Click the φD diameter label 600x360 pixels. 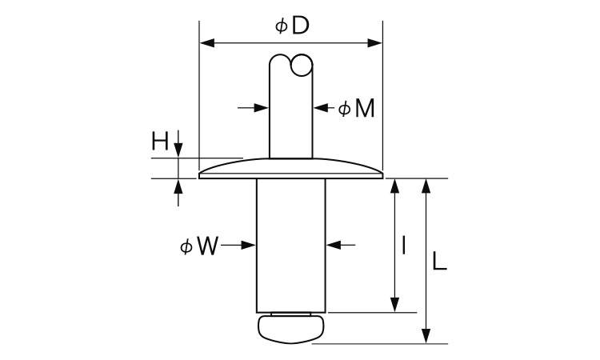[x=292, y=26]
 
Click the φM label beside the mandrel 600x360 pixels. [x=355, y=109]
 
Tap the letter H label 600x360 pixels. [x=160, y=142]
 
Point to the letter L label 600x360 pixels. [x=439, y=262]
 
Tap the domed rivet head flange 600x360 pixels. [x=290, y=170]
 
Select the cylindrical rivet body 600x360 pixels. [x=290, y=244]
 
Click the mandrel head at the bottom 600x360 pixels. [x=290, y=326]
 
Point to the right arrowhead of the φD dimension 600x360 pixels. [x=375, y=42]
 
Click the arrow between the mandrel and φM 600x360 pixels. [x=319, y=107]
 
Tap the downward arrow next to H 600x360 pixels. [x=178, y=150]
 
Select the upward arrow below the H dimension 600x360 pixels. [x=178, y=186]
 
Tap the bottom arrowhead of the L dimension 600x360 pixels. [x=427, y=337]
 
